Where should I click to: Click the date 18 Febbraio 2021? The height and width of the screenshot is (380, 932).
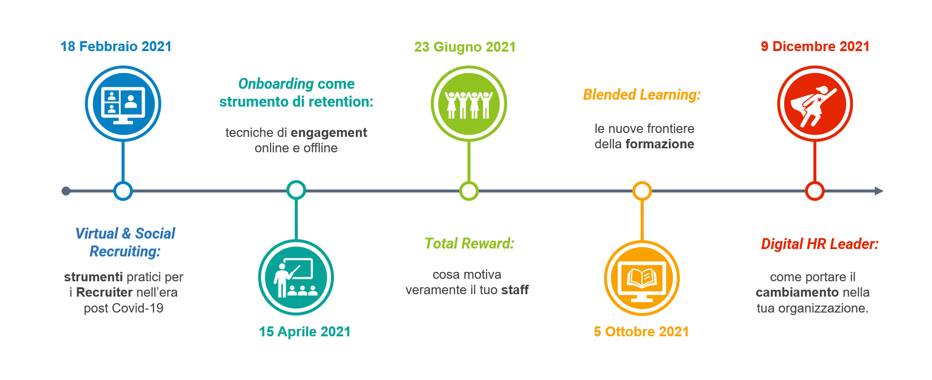tap(116, 47)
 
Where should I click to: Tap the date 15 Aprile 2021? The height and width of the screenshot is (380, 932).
tap(305, 331)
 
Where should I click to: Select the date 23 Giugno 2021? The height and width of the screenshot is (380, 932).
tap(465, 47)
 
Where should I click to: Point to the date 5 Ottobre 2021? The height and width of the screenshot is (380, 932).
tap(641, 331)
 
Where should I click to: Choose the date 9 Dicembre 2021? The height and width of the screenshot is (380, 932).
tap(815, 47)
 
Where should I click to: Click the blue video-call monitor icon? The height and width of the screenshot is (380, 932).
tap(123, 104)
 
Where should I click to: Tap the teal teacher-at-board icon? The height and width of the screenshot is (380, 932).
tap(296, 277)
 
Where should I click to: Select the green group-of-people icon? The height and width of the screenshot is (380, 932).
tap(469, 104)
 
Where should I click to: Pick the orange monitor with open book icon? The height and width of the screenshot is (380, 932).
tap(642, 278)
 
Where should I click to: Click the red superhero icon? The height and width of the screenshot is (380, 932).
tap(815, 104)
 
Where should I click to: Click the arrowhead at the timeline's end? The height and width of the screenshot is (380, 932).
tap(879, 191)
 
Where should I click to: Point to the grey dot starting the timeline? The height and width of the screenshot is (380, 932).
tap(66, 191)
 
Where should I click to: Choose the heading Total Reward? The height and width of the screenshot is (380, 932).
tap(469, 244)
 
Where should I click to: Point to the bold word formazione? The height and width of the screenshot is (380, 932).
tap(660, 144)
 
